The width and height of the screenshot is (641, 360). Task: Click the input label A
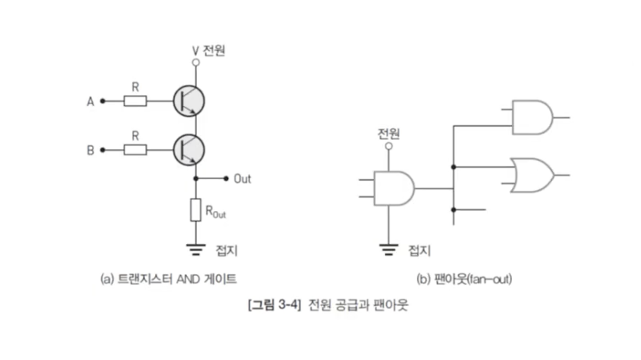90,100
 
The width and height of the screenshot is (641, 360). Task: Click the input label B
90,150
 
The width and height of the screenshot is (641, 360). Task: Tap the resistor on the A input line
135,100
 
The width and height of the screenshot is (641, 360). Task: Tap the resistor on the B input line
135,150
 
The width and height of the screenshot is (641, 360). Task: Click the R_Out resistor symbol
195,209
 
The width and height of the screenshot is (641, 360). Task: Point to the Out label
242,178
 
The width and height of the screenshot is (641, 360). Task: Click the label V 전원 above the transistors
209,51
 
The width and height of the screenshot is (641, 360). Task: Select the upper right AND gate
534,117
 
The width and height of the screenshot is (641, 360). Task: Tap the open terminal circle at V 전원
195,61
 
